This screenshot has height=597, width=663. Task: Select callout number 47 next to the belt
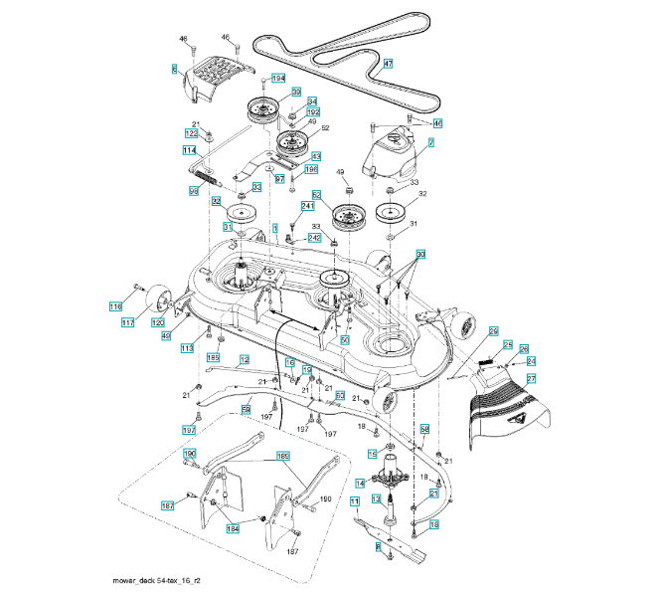click(388, 64)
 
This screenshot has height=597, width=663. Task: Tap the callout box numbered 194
click(277, 78)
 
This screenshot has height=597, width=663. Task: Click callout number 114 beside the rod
click(189, 150)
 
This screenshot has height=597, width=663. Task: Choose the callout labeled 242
click(313, 238)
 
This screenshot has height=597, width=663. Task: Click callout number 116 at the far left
click(115, 306)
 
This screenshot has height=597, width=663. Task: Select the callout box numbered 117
click(128, 322)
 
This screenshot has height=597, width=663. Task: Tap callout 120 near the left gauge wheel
click(158, 322)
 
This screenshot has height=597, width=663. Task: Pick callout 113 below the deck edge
click(186, 348)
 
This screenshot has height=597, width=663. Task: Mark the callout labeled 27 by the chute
click(531, 379)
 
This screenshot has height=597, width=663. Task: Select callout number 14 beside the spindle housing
click(361, 483)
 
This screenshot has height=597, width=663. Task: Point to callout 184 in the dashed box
click(233, 528)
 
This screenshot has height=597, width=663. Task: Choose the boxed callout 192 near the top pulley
click(313, 113)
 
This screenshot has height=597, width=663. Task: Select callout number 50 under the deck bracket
click(345, 339)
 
